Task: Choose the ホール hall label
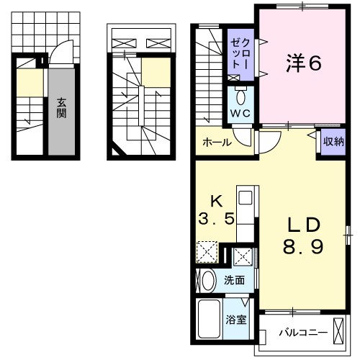[217, 142]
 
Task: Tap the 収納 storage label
[332, 141]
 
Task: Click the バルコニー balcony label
[302, 334]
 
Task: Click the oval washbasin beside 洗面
[208, 281]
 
